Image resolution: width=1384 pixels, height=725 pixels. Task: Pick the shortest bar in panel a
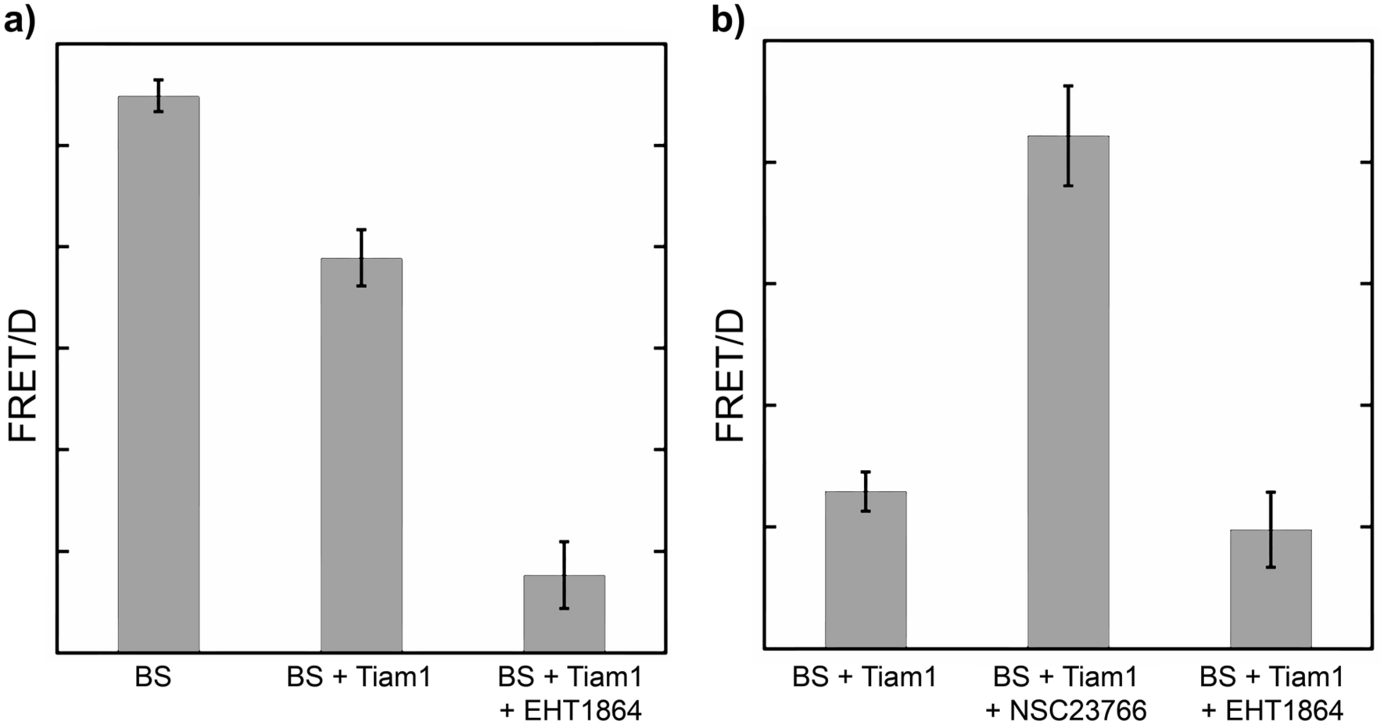click(x=564, y=614)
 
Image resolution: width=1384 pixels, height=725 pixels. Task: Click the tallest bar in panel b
click(x=1068, y=391)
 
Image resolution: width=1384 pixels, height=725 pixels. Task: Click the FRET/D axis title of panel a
click(x=23, y=375)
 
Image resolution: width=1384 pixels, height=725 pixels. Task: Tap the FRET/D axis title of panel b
click(x=731, y=375)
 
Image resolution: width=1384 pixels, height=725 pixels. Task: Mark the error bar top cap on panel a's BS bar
click(x=159, y=80)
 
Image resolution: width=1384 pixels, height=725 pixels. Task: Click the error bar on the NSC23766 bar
click(x=1068, y=135)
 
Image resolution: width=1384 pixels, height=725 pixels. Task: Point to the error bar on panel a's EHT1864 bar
click(x=564, y=575)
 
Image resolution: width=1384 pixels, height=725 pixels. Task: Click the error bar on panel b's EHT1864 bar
click(x=1271, y=529)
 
